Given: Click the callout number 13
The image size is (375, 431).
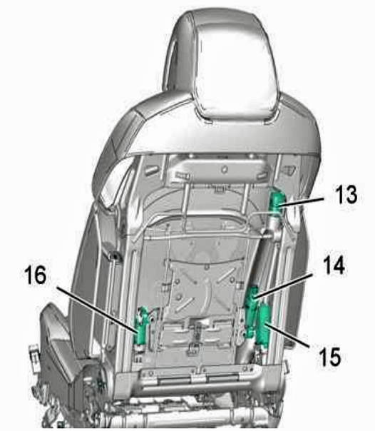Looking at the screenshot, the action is click(x=346, y=194).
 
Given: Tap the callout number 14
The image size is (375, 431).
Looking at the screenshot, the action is click(x=334, y=265).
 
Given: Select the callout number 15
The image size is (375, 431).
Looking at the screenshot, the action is click(x=329, y=356).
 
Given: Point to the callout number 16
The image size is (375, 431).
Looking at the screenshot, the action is click(x=35, y=275).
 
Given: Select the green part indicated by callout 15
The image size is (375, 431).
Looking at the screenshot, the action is click(x=264, y=325).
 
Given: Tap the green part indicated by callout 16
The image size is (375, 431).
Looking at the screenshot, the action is click(x=141, y=326).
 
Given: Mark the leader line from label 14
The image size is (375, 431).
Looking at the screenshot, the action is click(x=283, y=285).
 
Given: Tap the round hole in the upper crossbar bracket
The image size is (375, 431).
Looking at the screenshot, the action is click(x=225, y=169).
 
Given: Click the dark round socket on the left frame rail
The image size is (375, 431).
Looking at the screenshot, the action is click(x=113, y=256).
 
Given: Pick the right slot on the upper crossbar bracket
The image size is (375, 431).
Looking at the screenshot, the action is click(x=262, y=175).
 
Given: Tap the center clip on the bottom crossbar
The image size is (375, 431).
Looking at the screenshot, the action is click(x=197, y=379).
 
